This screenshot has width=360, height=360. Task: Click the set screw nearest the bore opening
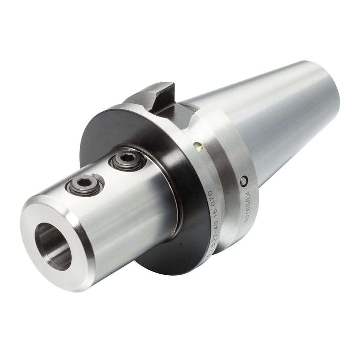tap(85, 185)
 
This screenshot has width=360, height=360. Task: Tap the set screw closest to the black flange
tap(127, 160)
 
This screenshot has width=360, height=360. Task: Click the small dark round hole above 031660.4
tap(243, 180)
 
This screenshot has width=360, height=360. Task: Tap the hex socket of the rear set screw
tap(127, 159)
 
